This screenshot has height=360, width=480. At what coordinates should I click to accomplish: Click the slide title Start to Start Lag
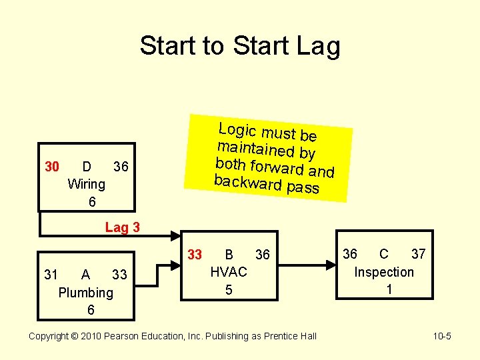coord(240,46)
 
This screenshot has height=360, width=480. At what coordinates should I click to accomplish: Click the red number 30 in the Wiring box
coord(52,166)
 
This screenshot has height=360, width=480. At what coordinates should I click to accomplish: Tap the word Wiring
coord(87,184)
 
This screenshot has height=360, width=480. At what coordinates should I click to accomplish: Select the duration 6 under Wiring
coord(91,201)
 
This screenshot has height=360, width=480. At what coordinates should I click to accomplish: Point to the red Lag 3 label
coord(123,227)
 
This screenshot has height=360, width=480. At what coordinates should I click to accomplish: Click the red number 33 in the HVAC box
coord(195,254)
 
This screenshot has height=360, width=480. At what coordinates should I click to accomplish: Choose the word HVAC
coord(229,272)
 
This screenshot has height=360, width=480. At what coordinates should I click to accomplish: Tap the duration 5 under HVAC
coord(229,290)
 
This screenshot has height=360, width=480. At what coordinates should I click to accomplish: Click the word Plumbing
coord(86,293)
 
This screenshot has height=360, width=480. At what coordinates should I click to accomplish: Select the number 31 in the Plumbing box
coord(51,275)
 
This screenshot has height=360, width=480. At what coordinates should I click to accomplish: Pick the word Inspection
coord(384,272)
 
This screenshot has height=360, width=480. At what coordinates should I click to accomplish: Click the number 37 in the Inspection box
coord(418,254)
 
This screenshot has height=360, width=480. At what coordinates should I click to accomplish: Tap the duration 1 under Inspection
coord(389,290)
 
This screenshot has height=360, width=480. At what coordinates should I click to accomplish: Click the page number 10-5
coord(442,336)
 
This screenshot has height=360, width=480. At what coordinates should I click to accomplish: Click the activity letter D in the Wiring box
coord(87,166)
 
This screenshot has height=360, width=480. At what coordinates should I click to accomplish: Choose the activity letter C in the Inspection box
coord(384,254)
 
